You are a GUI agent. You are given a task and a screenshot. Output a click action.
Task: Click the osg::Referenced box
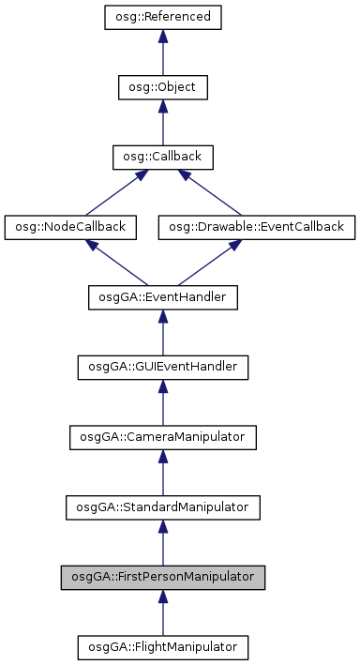[162, 18]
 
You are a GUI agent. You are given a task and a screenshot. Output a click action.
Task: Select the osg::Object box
[162, 88]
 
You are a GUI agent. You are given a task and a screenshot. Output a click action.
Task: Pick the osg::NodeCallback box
[71, 227]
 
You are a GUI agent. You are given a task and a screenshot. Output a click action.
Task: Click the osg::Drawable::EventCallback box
[257, 227]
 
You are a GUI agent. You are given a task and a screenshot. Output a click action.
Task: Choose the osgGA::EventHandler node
[162, 297]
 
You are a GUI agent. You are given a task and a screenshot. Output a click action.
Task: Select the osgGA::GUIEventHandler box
[162, 367]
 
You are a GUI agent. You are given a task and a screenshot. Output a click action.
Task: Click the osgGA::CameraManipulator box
[162, 437]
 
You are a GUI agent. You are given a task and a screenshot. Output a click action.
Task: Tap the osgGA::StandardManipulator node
[162, 506]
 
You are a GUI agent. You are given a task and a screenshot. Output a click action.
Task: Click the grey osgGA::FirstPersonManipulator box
[162, 577]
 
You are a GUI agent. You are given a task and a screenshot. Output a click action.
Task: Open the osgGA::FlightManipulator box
[162, 646]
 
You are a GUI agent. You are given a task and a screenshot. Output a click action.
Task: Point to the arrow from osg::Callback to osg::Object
[162, 123]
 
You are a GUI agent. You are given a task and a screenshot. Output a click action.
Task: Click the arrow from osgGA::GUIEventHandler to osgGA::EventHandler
[162, 332]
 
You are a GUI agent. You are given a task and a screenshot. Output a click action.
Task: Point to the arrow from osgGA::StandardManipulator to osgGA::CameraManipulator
[162, 472]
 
